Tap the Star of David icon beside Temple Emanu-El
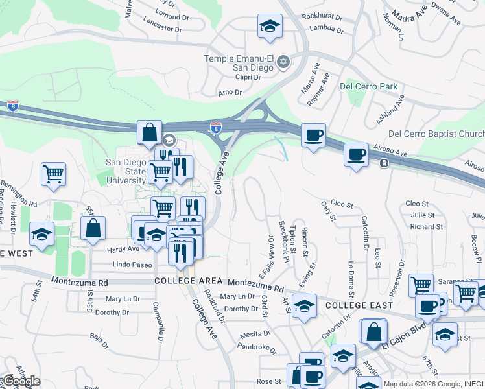pyautogui.click(x=283, y=62)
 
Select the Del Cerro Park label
pyautogui.click(x=369, y=86)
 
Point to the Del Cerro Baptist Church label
pyautogui.click(x=436, y=134)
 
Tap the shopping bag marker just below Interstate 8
pyautogui.click(x=149, y=133)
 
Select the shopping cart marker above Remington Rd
pyautogui.click(x=53, y=174)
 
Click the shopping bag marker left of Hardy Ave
pyautogui.click(x=93, y=228)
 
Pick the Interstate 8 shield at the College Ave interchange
pyautogui.click(x=215, y=128)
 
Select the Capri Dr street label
pyautogui.click(x=247, y=77)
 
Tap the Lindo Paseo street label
pyautogui.click(x=132, y=265)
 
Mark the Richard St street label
pyautogui.click(x=426, y=227)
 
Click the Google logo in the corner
pyautogui.click(x=21, y=381)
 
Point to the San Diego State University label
pyautogui.click(x=126, y=172)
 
